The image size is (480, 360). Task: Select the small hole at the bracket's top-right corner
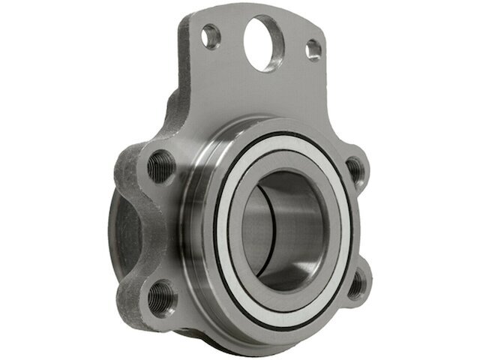click(314, 49)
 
